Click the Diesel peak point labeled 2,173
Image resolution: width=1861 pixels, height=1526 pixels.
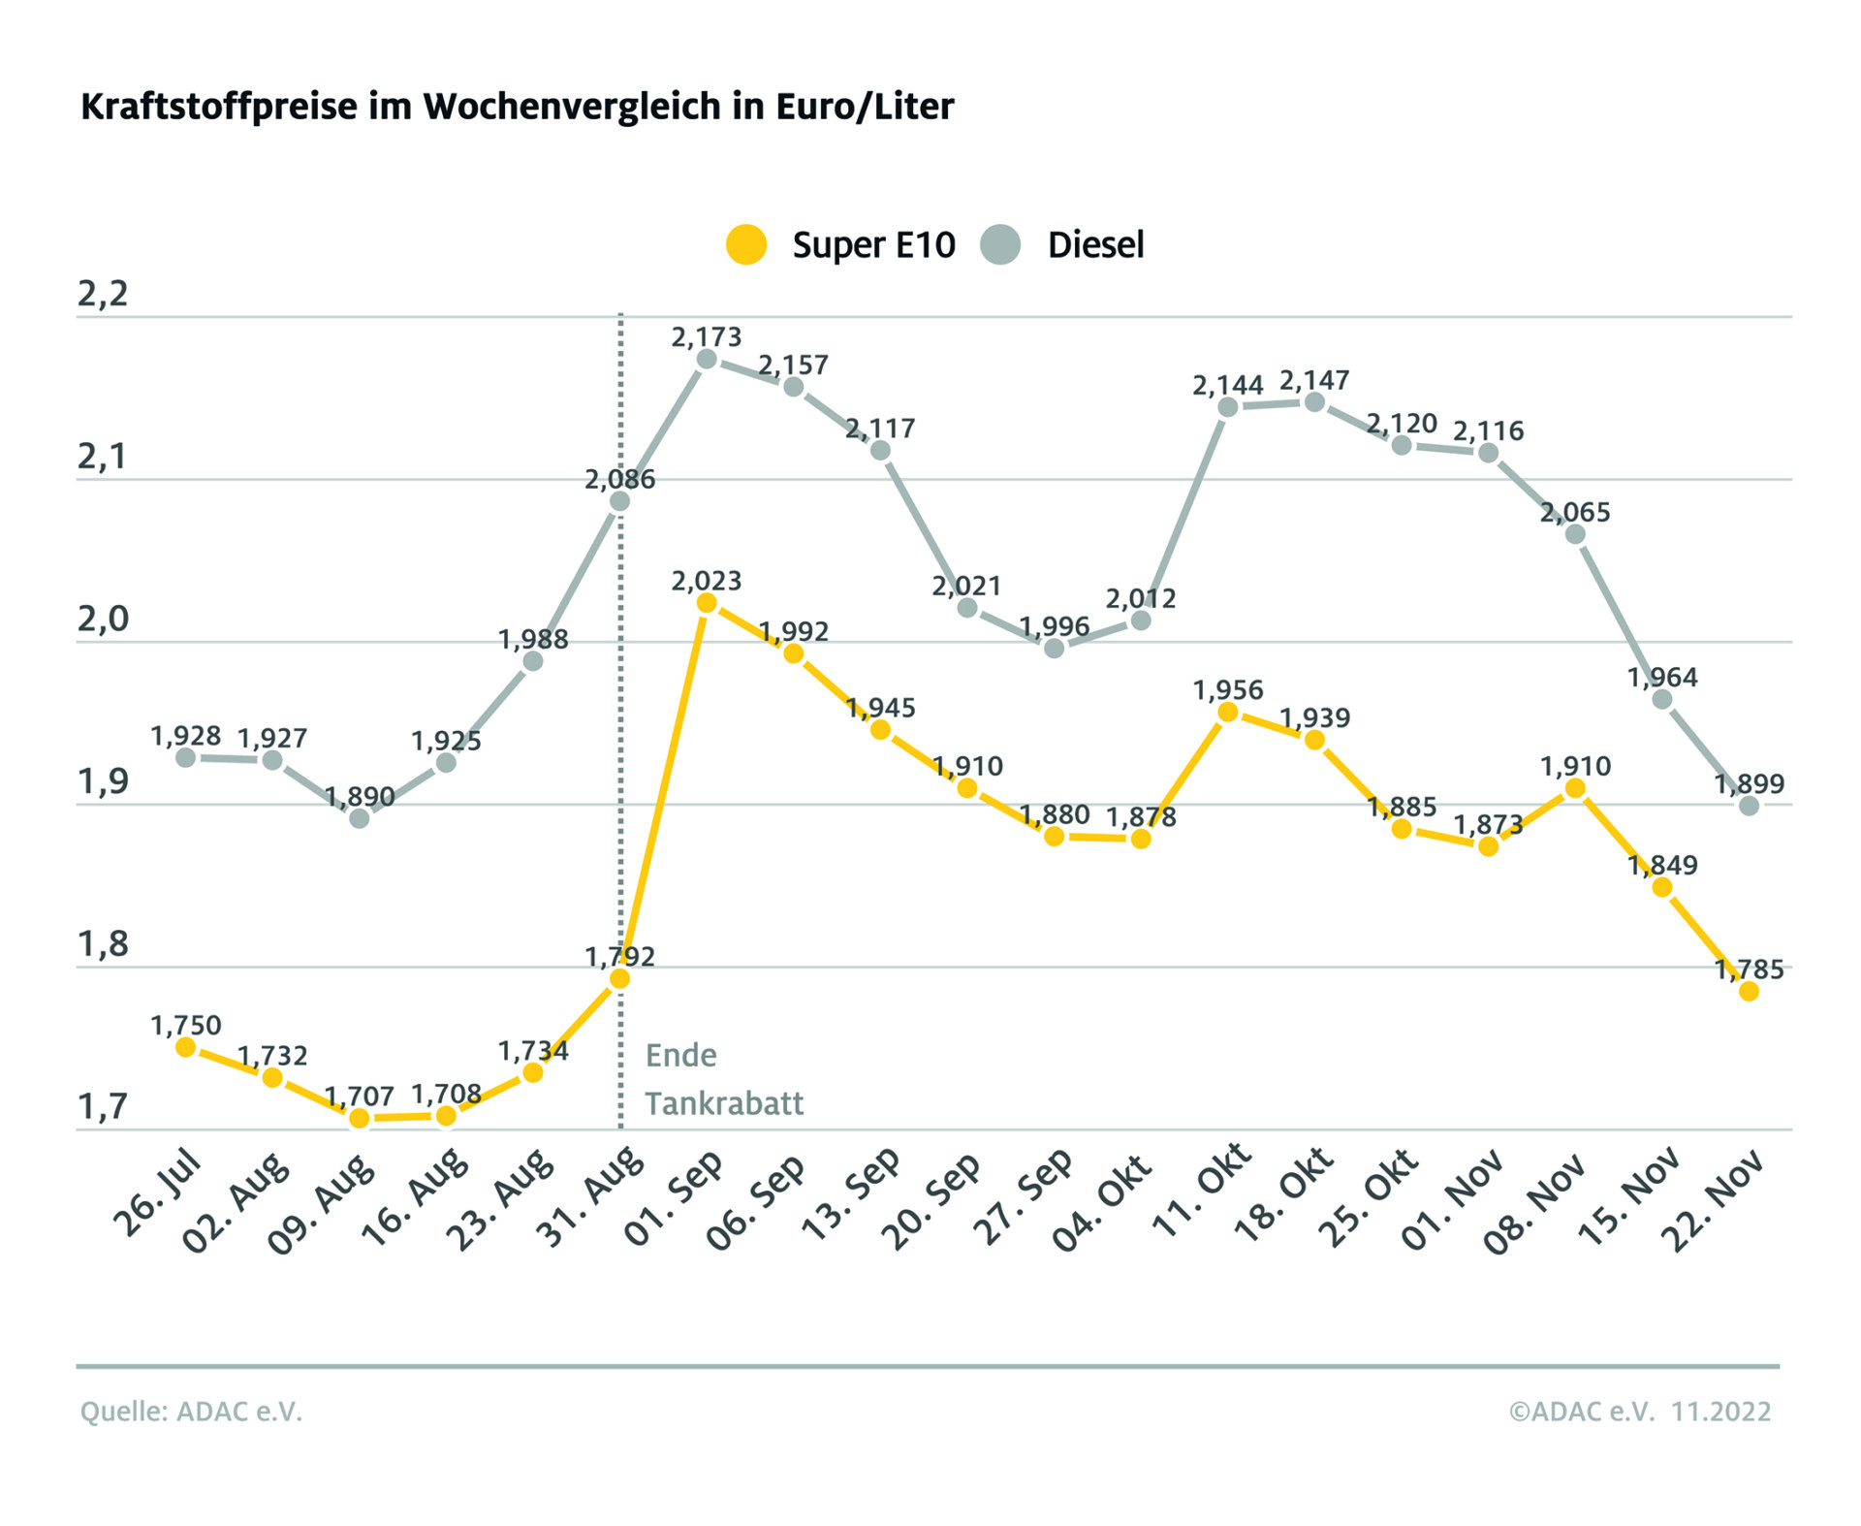[x=707, y=359]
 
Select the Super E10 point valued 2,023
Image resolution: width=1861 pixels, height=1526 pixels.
[x=707, y=603]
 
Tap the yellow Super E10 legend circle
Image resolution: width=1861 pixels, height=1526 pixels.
[x=746, y=244]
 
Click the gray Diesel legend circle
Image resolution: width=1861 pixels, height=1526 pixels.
[x=999, y=244]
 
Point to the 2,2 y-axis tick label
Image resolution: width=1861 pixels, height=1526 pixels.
[x=103, y=293]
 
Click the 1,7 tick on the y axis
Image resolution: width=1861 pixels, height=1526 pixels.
[x=103, y=1106]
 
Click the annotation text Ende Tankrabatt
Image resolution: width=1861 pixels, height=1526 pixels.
[x=723, y=1079]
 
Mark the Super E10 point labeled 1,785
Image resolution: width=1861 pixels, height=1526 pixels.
[x=1749, y=991]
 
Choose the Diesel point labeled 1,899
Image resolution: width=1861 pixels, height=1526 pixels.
[x=1749, y=805]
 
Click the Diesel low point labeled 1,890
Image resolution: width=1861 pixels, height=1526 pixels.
[x=359, y=818]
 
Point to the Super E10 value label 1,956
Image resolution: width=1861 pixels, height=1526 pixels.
[x=1227, y=690]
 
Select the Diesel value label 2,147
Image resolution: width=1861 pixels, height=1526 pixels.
[x=1314, y=380]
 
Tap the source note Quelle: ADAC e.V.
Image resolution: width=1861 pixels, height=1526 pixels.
[x=191, y=1412]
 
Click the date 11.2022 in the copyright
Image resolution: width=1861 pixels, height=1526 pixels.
[x=1720, y=1412]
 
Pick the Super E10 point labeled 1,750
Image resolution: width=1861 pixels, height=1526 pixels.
[x=185, y=1047]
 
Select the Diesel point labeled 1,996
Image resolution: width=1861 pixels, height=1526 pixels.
[x=1054, y=648]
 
